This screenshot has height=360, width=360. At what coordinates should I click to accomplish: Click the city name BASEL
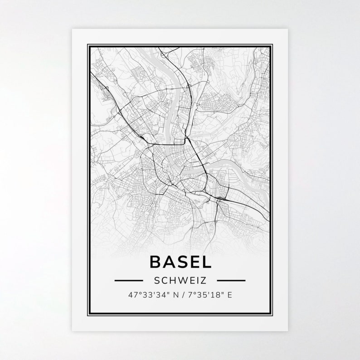[180, 263]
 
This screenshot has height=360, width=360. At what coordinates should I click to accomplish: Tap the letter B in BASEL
[156, 263]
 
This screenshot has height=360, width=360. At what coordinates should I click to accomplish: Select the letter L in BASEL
[205, 263]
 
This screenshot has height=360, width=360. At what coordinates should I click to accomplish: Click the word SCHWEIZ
[180, 281]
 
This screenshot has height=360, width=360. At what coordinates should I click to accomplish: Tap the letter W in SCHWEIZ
[180, 281]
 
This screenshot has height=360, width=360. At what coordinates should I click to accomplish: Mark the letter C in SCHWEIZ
[165, 281]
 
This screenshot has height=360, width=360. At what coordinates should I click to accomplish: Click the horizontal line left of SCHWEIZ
[129, 281]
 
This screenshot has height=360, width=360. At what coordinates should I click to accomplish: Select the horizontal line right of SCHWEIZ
[231, 281]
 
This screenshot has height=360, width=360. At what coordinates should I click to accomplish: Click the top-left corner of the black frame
[88, 44]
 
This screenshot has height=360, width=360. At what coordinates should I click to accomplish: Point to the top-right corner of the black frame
[272, 44]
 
